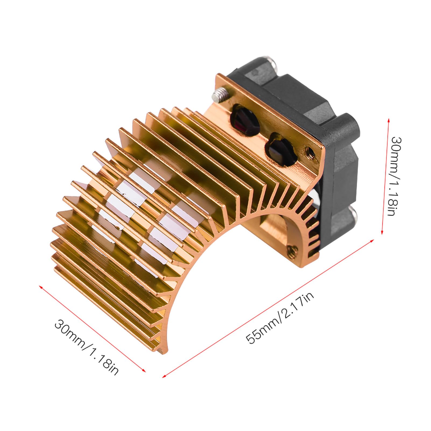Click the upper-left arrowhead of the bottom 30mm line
(x=40, y=286)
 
